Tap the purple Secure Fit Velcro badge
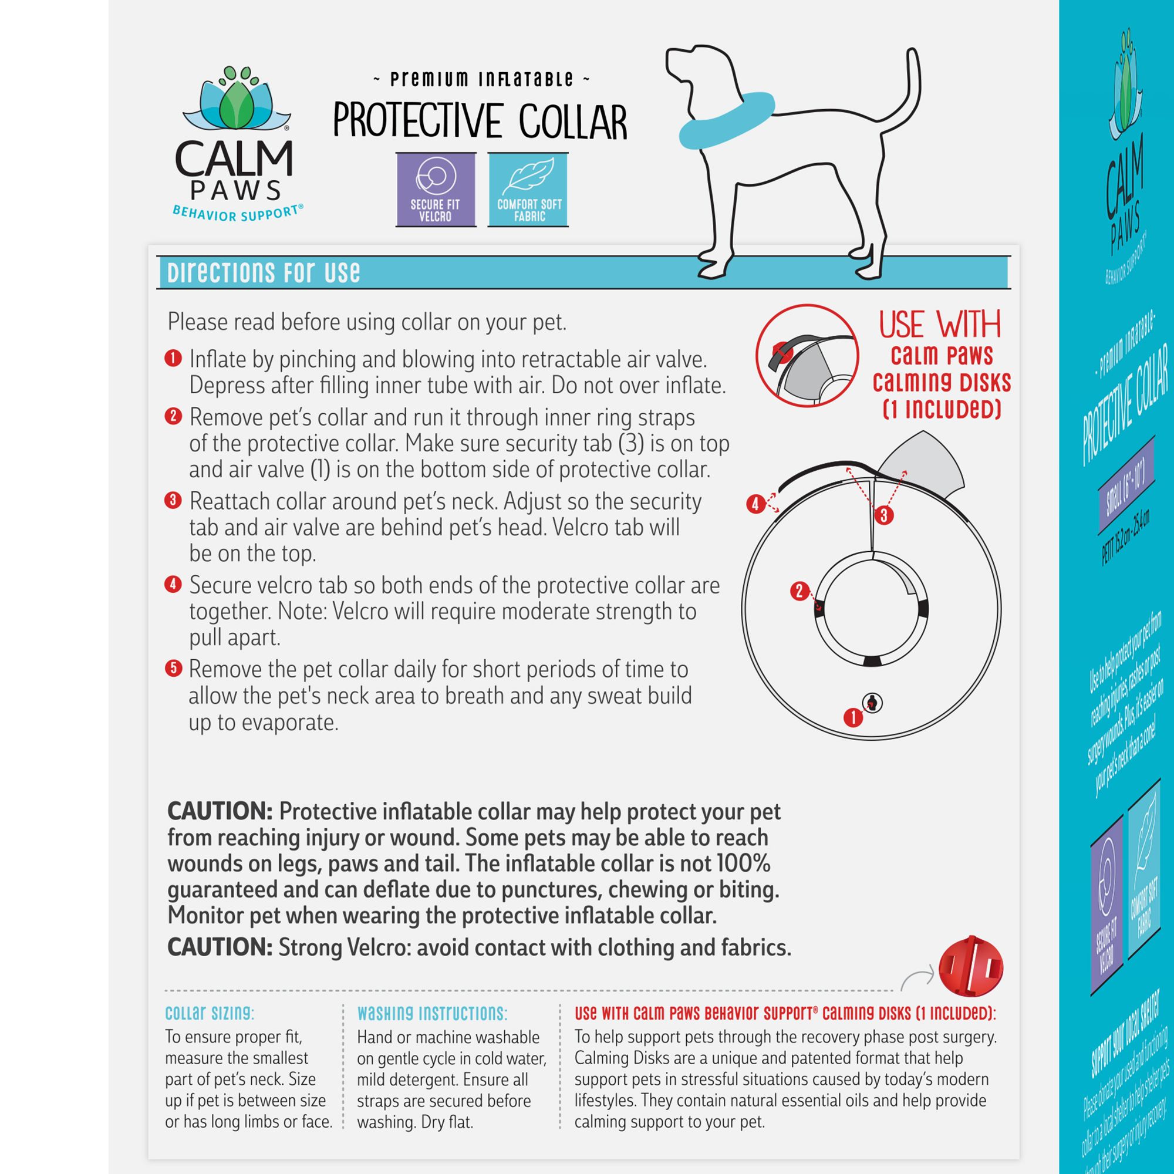435,190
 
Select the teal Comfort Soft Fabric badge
529,190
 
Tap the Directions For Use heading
264,273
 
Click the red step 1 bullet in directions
173,359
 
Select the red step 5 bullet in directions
173,669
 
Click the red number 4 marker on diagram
755,504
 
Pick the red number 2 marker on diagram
799,591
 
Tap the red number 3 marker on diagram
883,515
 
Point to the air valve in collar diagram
873,703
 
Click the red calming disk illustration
970,967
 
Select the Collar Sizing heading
210,1013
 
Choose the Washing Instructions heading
432,1013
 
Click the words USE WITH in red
939,325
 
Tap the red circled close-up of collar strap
807,356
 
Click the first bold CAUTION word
220,811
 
